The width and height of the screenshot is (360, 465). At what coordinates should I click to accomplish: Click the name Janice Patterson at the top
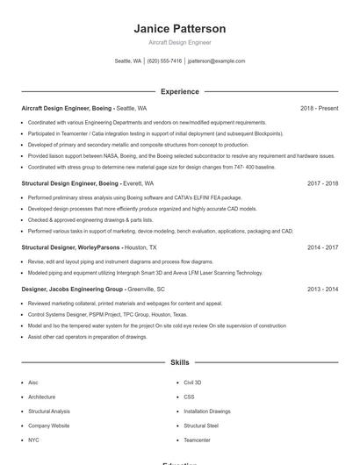coord(179,29)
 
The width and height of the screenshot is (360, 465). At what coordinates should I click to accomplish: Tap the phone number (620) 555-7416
coord(164,61)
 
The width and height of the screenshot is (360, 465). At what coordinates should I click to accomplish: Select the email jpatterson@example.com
coord(217,61)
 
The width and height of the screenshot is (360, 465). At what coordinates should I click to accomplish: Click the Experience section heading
coord(179,91)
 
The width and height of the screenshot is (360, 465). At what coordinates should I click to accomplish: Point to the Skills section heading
coord(179,362)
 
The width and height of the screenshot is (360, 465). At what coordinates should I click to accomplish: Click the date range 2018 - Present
coord(319,108)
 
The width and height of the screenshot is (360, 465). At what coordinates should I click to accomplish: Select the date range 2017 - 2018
coord(322,184)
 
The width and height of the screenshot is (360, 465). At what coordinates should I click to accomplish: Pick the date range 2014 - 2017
coord(322,248)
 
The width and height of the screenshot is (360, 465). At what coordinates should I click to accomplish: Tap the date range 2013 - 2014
coord(322,289)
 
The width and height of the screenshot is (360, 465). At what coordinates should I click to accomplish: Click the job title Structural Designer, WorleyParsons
coord(71,248)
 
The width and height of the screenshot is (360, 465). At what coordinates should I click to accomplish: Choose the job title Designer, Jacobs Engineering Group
coord(72,289)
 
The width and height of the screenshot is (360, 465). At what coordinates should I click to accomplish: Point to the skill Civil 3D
coord(192,383)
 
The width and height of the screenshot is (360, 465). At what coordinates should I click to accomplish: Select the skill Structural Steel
coord(201,426)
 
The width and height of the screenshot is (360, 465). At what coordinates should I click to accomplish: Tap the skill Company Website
coord(48,426)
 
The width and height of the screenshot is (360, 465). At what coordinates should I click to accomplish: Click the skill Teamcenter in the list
coord(197,440)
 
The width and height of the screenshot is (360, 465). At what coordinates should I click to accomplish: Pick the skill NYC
coord(33,440)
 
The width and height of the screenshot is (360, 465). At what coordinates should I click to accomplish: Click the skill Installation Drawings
coord(207,411)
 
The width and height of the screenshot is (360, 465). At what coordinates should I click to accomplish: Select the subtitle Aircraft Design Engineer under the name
coord(179,42)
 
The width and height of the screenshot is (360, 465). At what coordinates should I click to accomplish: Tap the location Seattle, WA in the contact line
coord(127,61)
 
